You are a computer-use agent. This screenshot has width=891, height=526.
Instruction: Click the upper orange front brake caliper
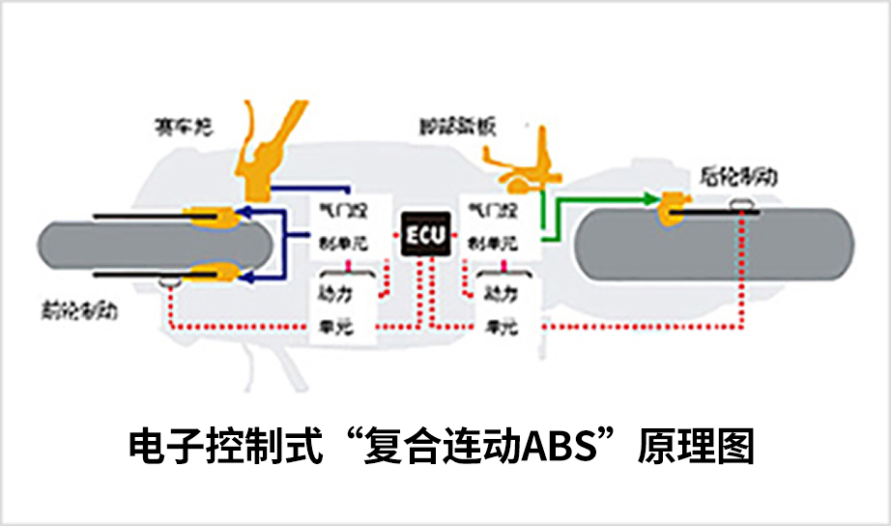click(x=212, y=216)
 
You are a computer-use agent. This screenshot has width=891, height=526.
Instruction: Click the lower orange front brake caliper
click(x=212, y=277)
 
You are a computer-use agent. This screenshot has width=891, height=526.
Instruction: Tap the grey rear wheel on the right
click(x=715, y=246)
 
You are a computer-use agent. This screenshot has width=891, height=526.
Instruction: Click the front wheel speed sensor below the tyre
click(x=169, y=282)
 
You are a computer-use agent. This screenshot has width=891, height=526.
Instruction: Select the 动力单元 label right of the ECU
click(x=500, y=307)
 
